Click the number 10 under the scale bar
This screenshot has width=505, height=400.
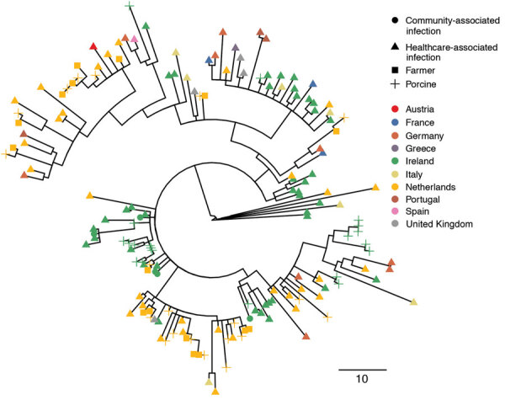pos(363,380)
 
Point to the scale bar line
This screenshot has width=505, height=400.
pos(363,369)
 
